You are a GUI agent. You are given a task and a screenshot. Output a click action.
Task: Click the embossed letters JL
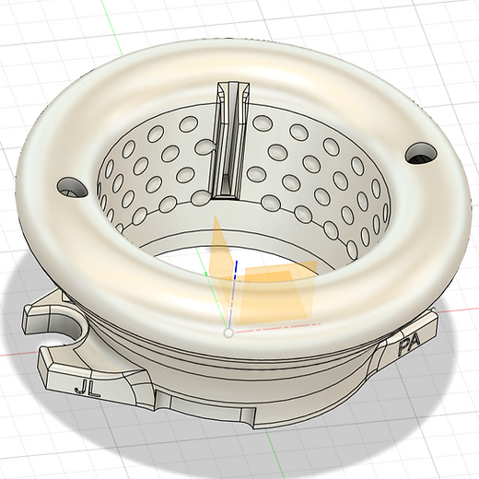(88, 390)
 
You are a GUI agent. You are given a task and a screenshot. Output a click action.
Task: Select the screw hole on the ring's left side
(73, 187)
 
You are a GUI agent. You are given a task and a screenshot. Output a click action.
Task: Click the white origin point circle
(228, 333)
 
